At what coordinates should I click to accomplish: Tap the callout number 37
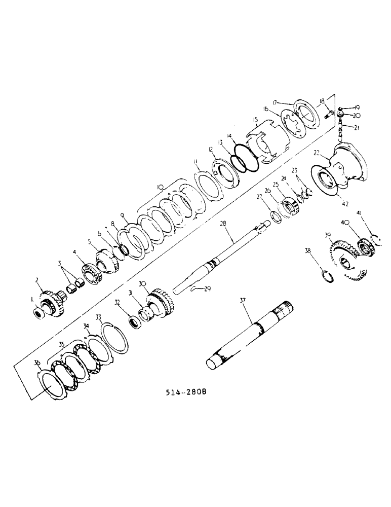(242, 302)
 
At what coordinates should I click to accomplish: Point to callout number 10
(161, 187)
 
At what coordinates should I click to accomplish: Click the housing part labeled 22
(350, 167)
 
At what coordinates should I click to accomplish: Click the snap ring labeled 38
(328, 277)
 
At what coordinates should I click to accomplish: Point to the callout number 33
(99, 317)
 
